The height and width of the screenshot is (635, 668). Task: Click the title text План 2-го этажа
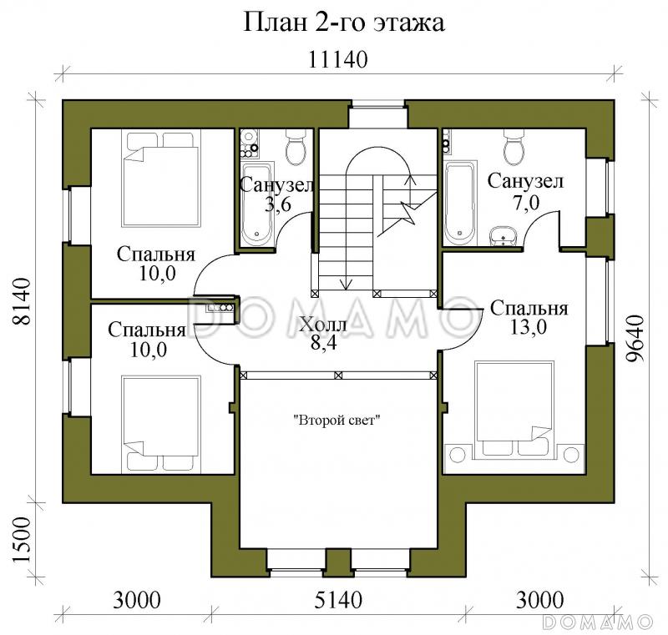coord(343,23)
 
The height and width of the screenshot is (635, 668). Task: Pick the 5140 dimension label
coord(337,599)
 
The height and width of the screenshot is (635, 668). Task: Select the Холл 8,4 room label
coord(322,333)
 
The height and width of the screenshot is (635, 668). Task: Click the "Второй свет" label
coord(337,421)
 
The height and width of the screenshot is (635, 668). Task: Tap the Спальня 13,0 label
coord(529,317)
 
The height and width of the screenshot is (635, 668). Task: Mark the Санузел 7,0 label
coord(525,191)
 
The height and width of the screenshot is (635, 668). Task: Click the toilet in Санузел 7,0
coord(514,149)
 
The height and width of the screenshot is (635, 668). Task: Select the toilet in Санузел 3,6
coord(296,149)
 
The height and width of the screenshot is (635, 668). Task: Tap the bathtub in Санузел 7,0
coord(460,202)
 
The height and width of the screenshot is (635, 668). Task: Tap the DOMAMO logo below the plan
coord(596,622)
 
